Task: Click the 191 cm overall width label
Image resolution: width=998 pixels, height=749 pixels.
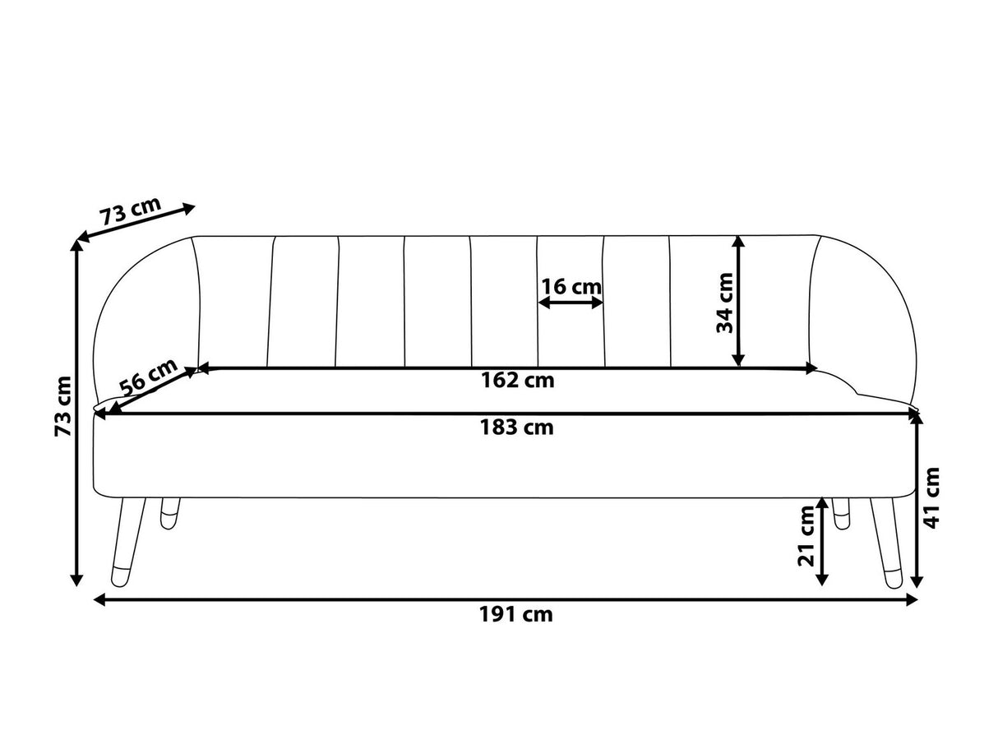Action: [515, 614]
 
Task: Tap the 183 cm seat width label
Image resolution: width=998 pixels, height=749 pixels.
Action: [516, 428]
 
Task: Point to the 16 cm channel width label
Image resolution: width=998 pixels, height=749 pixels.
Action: [571, 287]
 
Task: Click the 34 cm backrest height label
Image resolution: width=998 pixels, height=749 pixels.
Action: [724, 302]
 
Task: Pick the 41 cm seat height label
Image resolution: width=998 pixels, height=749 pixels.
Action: [932, 498]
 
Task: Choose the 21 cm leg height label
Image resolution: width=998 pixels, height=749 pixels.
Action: [806, 537]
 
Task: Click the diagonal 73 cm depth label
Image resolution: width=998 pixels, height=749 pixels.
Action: [130, 213]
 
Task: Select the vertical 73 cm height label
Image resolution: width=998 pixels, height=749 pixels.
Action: [62, 407]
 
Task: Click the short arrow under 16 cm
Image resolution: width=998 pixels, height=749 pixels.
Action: [571, 303]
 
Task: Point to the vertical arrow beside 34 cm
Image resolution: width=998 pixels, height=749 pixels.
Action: [738, 301]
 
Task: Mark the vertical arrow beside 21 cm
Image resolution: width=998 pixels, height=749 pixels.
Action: [822, 542]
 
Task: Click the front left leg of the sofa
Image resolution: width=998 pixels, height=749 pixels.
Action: [127, 543]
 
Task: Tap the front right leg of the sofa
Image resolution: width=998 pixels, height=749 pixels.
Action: [886, 543]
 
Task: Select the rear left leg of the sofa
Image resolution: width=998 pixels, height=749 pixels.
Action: [170, 513]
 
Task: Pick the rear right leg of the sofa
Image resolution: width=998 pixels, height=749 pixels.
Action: [840, 513]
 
